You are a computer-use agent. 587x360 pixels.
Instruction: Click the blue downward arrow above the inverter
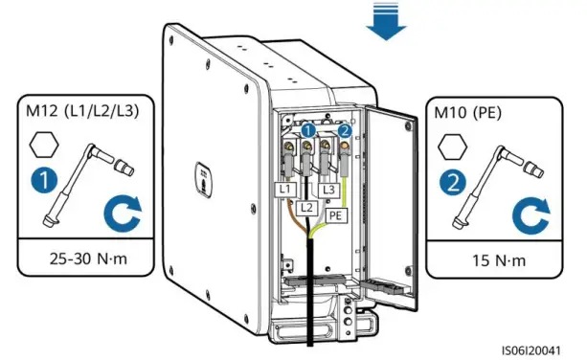386,22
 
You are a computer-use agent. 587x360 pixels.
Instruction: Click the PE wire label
336,217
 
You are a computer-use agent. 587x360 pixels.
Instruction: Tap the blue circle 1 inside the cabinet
307,130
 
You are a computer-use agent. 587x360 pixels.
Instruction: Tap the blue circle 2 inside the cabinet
345,130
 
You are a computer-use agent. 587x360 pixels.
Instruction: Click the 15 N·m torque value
481,258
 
